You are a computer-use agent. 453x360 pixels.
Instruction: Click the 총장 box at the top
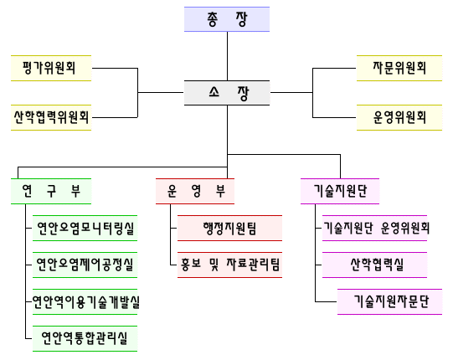[227, 19]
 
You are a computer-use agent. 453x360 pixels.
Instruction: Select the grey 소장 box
[227, 93]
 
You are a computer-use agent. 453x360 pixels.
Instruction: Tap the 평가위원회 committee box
[51, 68]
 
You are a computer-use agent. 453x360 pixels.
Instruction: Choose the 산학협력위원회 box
[51, 117]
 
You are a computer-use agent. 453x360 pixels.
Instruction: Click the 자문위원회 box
[399, 68]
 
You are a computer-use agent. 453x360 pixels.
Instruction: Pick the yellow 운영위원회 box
[399, 117]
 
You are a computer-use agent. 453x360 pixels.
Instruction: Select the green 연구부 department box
[51, 191]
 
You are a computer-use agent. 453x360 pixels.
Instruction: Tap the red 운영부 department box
[195, 191]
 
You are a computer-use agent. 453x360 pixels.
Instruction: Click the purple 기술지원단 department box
[340, 191]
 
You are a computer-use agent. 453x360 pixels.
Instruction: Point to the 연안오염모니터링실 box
[85, 228]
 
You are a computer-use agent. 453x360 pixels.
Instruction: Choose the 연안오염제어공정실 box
[85, 265]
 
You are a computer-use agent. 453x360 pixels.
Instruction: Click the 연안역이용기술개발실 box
[85, 302]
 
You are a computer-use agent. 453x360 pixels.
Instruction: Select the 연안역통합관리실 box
[85, 338]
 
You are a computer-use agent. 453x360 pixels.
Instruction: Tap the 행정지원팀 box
[229, 228]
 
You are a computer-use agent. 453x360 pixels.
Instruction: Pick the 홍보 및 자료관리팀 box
[229, 265]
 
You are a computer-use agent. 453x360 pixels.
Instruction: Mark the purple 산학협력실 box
[374, 265]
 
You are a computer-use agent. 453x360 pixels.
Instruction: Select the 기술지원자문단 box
[389, 302]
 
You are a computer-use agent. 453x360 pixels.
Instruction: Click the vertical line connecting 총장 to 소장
[227, 56]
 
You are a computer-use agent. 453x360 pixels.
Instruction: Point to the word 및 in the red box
[214, 265]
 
